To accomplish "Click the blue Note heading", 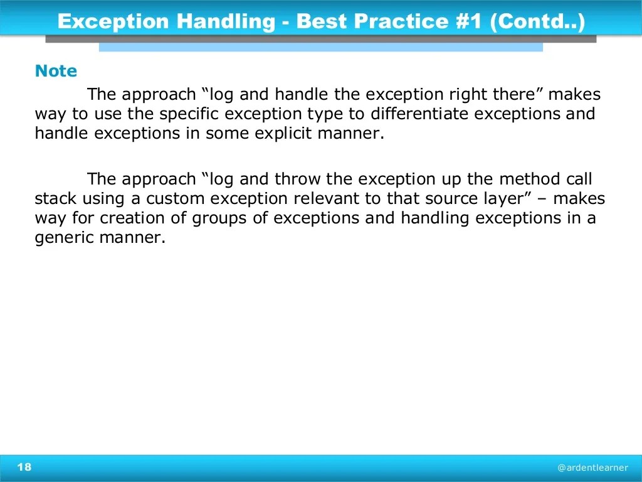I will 56,72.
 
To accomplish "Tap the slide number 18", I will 24,467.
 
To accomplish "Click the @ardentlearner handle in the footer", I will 592,468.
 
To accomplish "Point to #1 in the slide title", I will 471,22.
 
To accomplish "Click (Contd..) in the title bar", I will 539,22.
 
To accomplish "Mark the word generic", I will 61,238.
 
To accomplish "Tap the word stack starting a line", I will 55,199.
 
